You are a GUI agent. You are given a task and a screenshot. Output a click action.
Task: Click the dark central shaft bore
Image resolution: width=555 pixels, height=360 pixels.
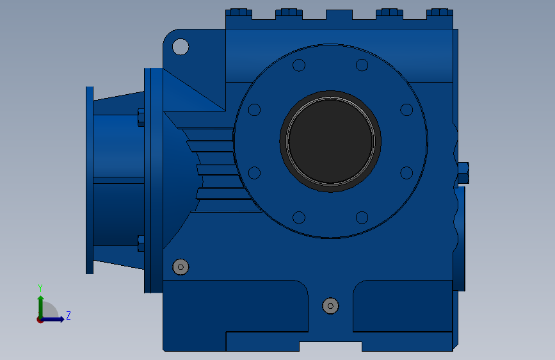[330, 141]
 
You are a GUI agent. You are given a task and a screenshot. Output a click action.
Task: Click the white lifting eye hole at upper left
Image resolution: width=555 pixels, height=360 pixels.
[181, 47]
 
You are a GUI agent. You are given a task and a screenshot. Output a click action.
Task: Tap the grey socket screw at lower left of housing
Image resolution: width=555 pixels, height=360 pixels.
[181, 267]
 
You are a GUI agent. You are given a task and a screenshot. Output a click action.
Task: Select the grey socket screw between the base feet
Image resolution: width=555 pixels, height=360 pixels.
[330, 306]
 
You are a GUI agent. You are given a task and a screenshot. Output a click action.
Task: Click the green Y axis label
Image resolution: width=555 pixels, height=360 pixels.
[40, 288]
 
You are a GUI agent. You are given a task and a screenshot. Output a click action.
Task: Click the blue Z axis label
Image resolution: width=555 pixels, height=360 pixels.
[68, 315]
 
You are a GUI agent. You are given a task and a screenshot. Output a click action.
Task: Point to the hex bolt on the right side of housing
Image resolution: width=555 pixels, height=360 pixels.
[463, 173]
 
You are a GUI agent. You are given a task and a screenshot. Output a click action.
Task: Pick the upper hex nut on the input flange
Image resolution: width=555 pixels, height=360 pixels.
[141, 118]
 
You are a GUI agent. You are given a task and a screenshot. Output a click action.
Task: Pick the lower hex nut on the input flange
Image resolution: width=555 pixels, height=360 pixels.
[141, 243]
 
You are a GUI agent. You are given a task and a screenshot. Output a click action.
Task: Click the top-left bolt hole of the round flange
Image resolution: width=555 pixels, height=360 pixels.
[299, 65]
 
